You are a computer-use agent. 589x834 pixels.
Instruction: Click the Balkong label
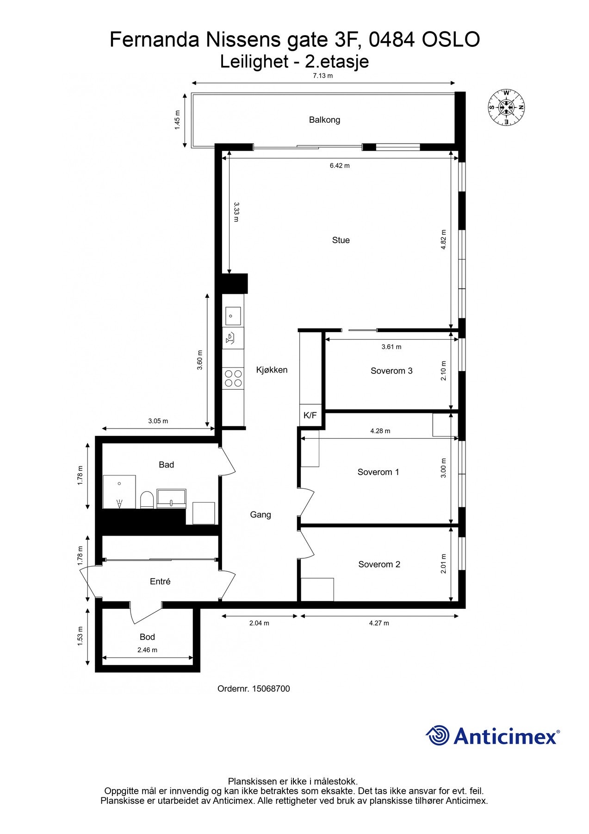tap(324, 120)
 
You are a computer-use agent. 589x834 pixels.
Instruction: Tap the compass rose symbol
tap(506, 107)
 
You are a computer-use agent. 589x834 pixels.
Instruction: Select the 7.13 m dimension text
tap(322, 76)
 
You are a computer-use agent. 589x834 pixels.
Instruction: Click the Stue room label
tap(341, 240)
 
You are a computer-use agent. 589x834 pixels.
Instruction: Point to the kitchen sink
tap(233, 316)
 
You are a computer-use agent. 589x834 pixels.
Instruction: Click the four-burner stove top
tap(233, 378)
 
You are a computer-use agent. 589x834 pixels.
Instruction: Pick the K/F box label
tap(310, 415)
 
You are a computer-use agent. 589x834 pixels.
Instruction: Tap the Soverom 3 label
tap(391, 371)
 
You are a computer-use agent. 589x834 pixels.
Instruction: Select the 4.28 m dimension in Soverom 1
tap(380, 431)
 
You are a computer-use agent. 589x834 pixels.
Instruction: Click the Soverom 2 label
tap(379, 564)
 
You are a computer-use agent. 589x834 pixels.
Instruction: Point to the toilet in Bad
tap(147, 500)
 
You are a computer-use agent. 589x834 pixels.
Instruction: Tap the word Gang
tap(260, 514)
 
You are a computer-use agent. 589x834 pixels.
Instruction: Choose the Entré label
tap(160, 581)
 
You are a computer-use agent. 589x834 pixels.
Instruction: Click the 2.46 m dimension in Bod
tap(147, 650)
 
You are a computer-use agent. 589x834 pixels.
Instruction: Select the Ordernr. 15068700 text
tap(254, 689)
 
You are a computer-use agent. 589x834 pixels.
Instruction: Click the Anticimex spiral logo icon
tap(437, 735)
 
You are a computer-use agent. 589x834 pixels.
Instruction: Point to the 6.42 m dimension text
tap(340, 165)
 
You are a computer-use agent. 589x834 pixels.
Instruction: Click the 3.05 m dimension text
tap(158, 421)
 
